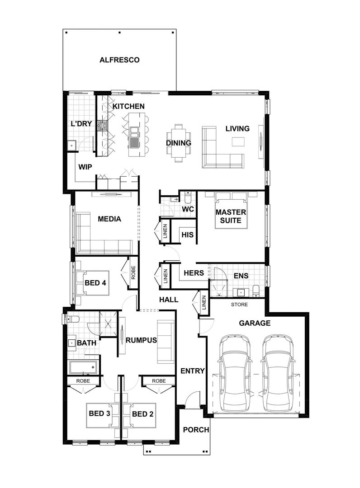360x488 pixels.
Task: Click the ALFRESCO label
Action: [x=119, y=60]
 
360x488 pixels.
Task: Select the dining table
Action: [x=178, y=143]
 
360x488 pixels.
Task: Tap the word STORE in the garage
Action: [x=239, y=305]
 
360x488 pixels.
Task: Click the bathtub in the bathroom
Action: [x=83, y=367]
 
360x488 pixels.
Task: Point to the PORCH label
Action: [x=196, y=429]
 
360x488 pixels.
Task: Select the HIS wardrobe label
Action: [x=187, y=235]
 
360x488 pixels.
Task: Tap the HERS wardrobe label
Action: [x=194, y=273]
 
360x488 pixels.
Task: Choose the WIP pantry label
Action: [x=85, y=167]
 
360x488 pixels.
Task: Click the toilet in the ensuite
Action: [x=256, y=290]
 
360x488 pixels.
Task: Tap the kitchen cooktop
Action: [x=103, y=126]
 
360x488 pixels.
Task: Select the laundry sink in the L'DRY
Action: [x=71, y=145]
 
